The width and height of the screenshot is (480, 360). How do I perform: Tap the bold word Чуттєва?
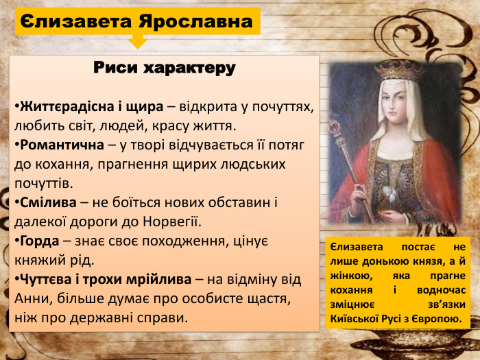click(x=45, y=280)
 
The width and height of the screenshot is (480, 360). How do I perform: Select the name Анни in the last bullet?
click(x=32, y=299)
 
